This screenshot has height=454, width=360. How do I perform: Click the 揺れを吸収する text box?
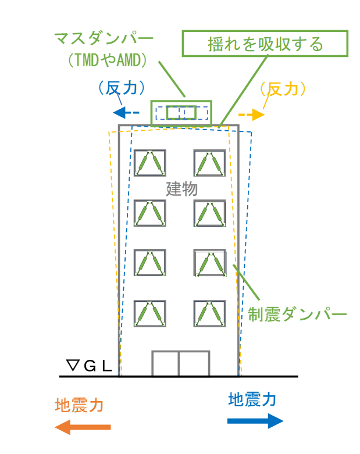point(265,44)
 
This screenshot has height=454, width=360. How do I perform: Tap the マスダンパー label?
point(104,39)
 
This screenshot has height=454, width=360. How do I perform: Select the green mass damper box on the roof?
point(181,113)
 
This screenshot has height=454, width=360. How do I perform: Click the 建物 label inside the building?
point(182,189)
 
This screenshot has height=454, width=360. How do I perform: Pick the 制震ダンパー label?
point(297,314)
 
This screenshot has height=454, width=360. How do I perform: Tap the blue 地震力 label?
point(252,399)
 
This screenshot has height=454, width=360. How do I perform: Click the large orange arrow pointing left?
point(83,427)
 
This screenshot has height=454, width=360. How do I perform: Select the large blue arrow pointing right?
point(255,420)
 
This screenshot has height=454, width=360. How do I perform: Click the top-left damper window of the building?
point(150,163)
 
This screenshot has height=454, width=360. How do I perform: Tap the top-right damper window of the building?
point(209,163)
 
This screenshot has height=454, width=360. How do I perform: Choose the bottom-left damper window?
point(150,314)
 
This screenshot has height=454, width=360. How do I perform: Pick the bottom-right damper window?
point(209,314)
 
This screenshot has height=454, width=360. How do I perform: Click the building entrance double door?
point(180,363)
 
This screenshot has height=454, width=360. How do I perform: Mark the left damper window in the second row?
point(150,213)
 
